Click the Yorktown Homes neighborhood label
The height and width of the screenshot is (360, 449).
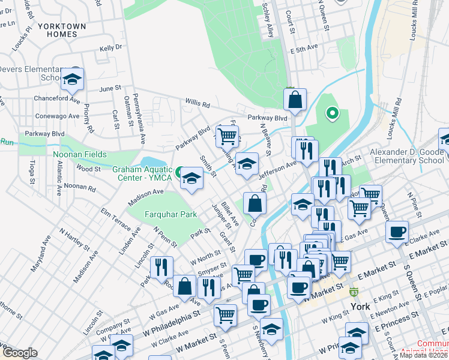point(61,31)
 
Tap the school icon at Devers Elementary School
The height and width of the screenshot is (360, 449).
point(72,80)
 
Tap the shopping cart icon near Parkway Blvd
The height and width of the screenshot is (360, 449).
point(227,136)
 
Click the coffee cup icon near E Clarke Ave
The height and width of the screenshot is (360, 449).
point(397,232)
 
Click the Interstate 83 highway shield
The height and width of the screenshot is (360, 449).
point(355,293)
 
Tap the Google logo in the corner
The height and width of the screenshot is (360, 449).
point(19,353)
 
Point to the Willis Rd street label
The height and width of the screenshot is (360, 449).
point(197,104)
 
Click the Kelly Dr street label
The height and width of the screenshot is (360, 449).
point(110,47)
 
